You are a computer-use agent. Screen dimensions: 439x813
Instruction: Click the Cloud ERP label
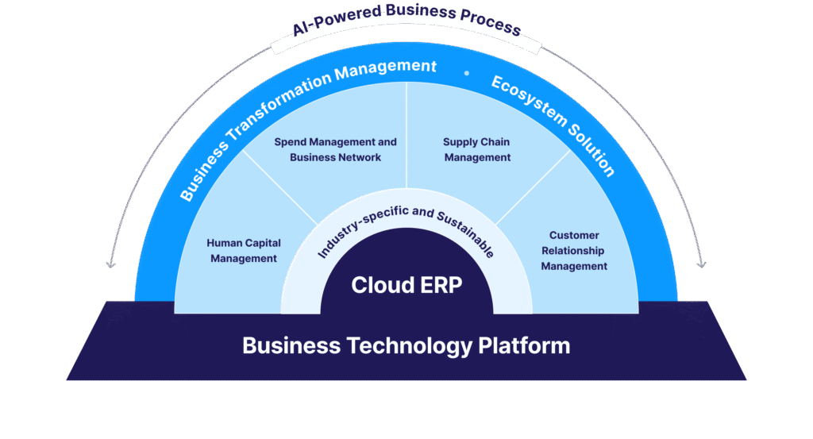pos(406,285)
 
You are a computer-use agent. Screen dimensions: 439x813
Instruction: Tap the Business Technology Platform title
pos(406,345)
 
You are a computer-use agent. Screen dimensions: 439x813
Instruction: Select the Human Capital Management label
pos(244,250)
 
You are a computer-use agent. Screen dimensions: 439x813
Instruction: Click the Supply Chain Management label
pos(476,149)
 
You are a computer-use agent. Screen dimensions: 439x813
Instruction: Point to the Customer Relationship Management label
pos(574,250)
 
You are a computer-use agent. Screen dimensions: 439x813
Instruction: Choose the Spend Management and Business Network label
pos(335,149)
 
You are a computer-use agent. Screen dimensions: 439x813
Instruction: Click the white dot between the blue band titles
pos(467,73)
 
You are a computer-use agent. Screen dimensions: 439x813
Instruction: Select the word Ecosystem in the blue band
pos(529,103)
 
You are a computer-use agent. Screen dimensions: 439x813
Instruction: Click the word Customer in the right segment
pos(574,235)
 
